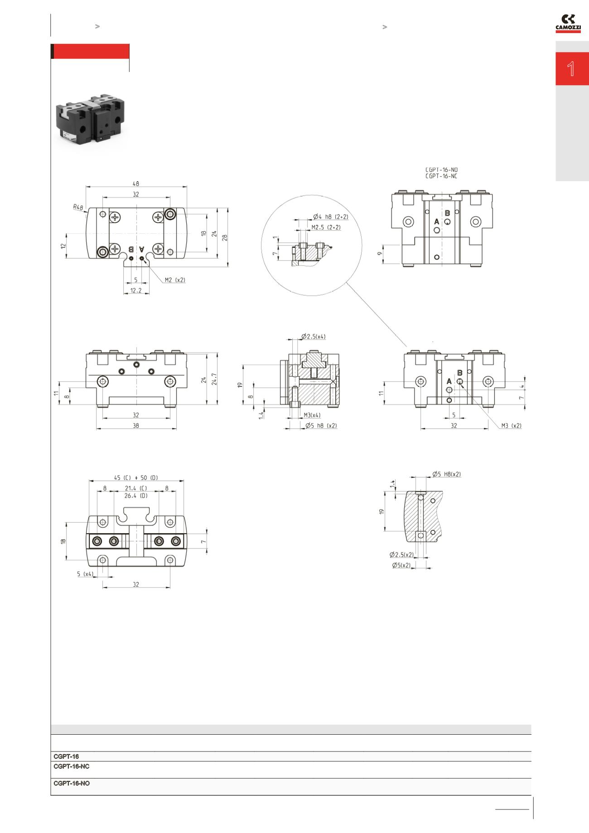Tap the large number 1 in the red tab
pos(571,69)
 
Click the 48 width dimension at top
pos(136,183)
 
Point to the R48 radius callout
pos(78,207)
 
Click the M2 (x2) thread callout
pos(175,280)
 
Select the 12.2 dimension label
pos(136,290)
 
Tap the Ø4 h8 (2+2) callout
pos(331,217)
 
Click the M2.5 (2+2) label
pos(326,227)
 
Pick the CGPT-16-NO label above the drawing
pos(441,170)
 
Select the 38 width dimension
pos(136,426)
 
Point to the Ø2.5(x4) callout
pos(313,337)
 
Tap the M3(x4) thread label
pos(312,415)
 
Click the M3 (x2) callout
pos(511,426)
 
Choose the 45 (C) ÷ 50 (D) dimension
pos(136,477)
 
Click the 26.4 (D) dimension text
pos(136,496)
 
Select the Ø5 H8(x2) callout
pos(446,474)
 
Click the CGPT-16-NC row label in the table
pos(72,766)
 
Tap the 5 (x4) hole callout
pos(85,574)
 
